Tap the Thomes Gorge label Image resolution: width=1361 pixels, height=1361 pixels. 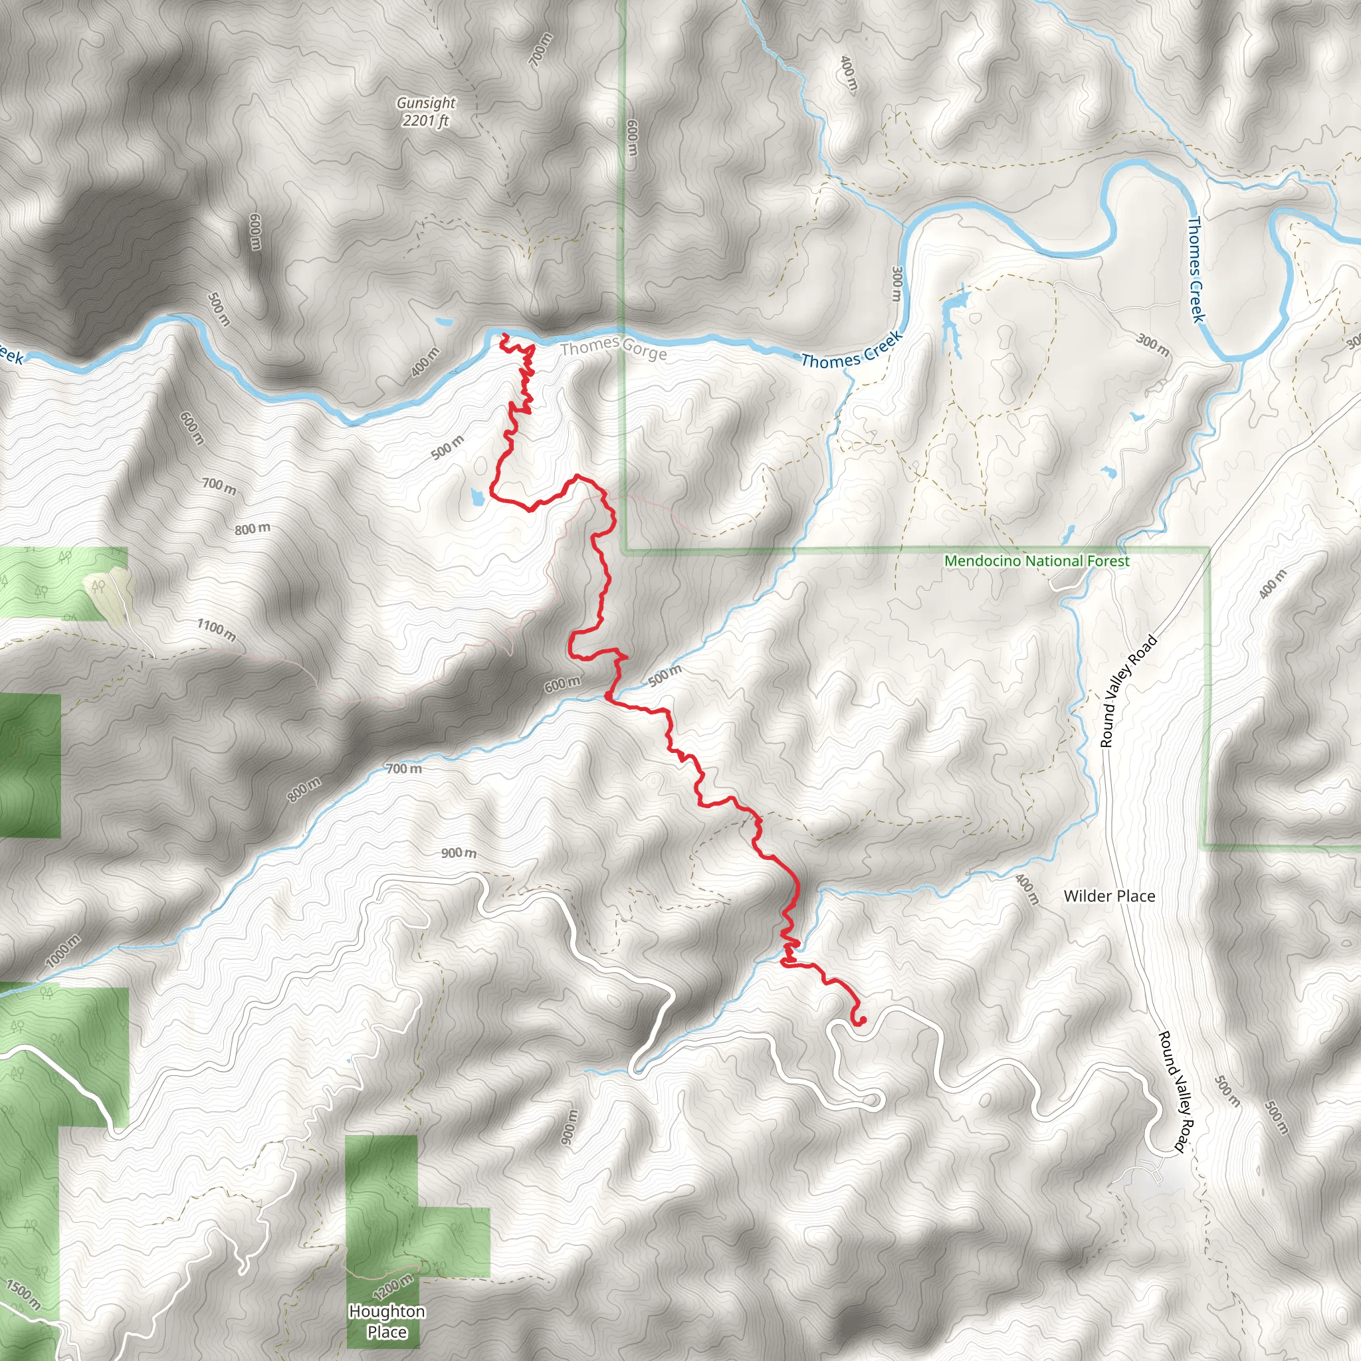613,348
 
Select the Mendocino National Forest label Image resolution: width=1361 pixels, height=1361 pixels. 1036,562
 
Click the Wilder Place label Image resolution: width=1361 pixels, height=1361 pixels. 1109,896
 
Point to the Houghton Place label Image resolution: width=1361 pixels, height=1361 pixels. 387,1322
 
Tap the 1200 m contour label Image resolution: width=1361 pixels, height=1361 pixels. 393,1287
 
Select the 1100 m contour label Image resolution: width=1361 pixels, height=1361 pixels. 216,629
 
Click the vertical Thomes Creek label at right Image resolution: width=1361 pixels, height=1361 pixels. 1196,269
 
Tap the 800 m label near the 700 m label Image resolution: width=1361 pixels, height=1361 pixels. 252,528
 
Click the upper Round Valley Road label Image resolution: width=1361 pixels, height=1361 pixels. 1128,691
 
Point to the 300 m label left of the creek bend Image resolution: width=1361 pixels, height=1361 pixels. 896,284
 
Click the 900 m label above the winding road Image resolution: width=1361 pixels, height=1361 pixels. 459,853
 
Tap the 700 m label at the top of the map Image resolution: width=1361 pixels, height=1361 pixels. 540,50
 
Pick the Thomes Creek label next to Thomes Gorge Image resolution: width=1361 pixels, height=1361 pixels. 852,350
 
